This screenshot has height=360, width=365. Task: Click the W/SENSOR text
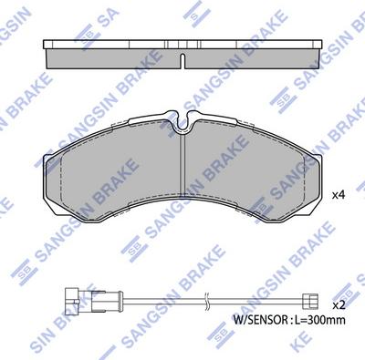[x=259, y=321]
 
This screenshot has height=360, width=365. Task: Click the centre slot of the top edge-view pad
[x=183, y=62]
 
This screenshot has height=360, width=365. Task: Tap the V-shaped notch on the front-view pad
[x=183, y=118]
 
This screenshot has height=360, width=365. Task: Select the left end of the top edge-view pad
[x=47, y=53]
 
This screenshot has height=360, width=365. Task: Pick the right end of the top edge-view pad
[x=320, y=53]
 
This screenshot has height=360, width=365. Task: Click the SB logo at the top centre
[x=191, y=12]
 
